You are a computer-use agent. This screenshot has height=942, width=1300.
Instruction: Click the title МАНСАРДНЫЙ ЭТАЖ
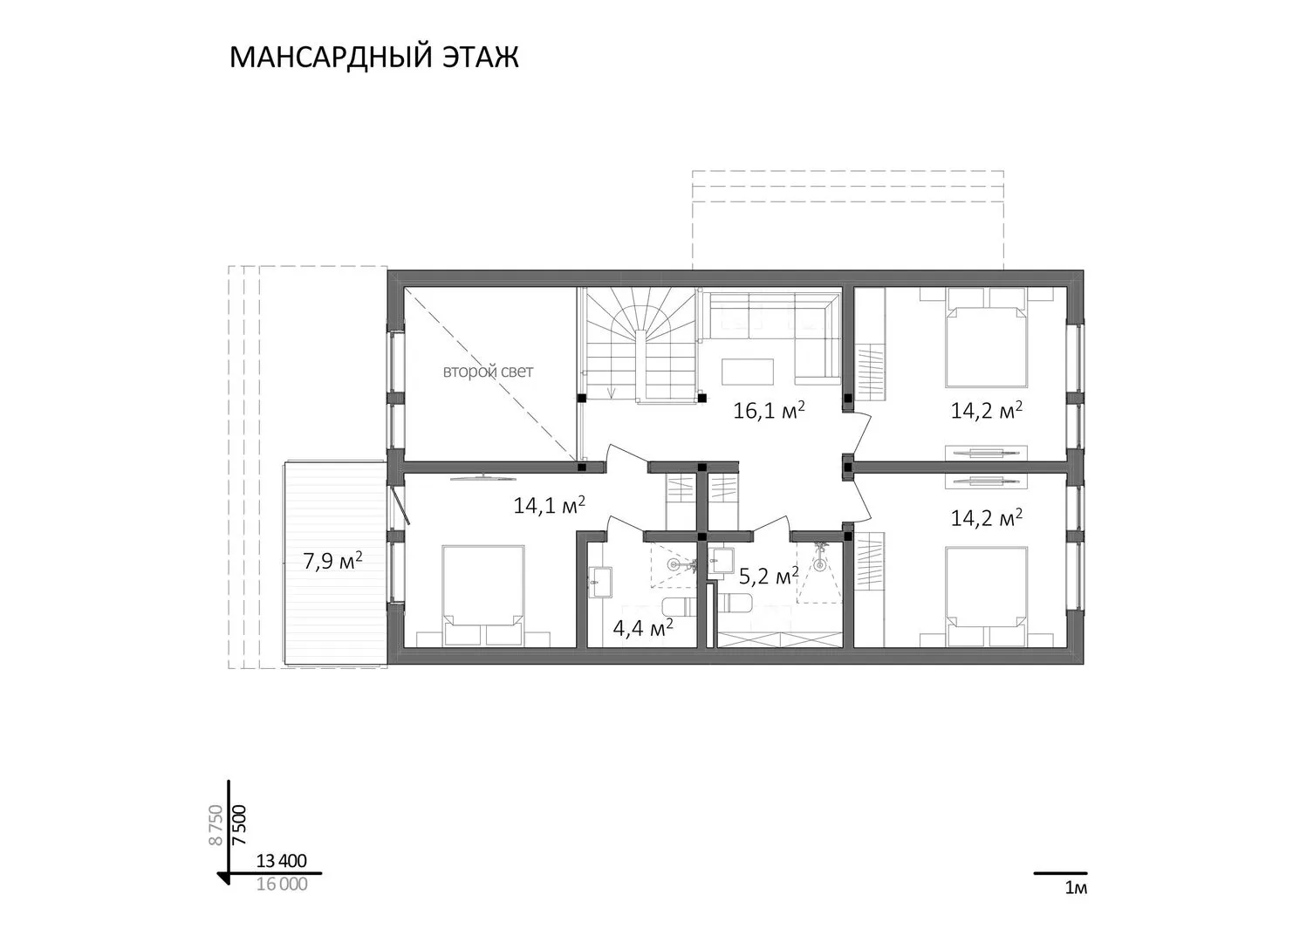point(373,58)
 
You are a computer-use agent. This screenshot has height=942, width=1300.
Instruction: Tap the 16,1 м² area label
point(769,410)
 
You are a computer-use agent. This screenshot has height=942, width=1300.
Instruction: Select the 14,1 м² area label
point(549,505)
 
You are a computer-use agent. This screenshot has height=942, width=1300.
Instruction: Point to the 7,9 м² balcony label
point(333,561)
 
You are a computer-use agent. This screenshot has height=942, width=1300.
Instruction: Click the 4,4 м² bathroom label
point(643,628)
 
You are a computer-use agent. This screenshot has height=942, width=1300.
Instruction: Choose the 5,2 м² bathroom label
point(769,576)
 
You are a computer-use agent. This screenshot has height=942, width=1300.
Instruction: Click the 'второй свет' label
point(488,372)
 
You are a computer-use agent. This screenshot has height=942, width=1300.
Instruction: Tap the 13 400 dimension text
point(282,861)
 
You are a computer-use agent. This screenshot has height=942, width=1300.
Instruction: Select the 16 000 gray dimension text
point(282,884)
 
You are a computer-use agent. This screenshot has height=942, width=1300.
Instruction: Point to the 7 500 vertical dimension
point(239,824)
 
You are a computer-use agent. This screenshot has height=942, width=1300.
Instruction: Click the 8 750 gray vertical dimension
point(216,824)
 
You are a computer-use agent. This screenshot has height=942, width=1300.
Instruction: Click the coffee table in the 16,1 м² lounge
point(748,372)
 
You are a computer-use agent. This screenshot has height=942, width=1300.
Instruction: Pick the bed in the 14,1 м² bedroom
point(482,595)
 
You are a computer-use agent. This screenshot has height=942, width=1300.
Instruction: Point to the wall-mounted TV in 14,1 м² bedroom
point(482,478)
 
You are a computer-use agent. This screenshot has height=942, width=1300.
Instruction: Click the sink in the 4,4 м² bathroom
point(599,582)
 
